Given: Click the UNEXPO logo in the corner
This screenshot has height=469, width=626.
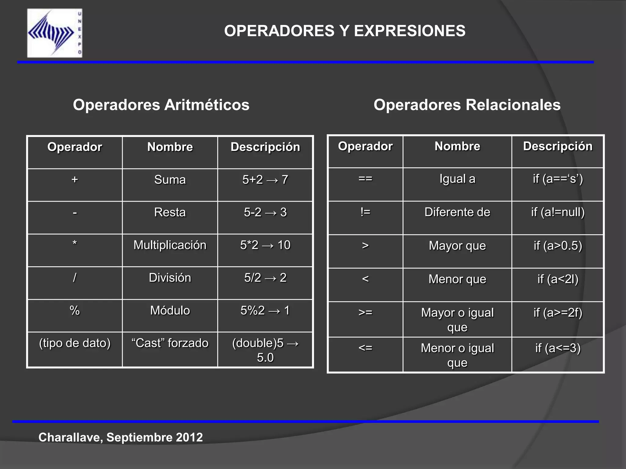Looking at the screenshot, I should point(55,33).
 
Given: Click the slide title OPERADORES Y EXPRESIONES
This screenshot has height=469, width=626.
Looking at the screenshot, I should point(344,31).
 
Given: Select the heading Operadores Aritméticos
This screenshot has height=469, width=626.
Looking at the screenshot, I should point(161,105).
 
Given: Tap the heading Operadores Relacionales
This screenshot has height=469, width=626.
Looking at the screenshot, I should point(467,105).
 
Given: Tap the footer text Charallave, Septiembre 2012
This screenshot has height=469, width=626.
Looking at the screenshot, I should point(120,437).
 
